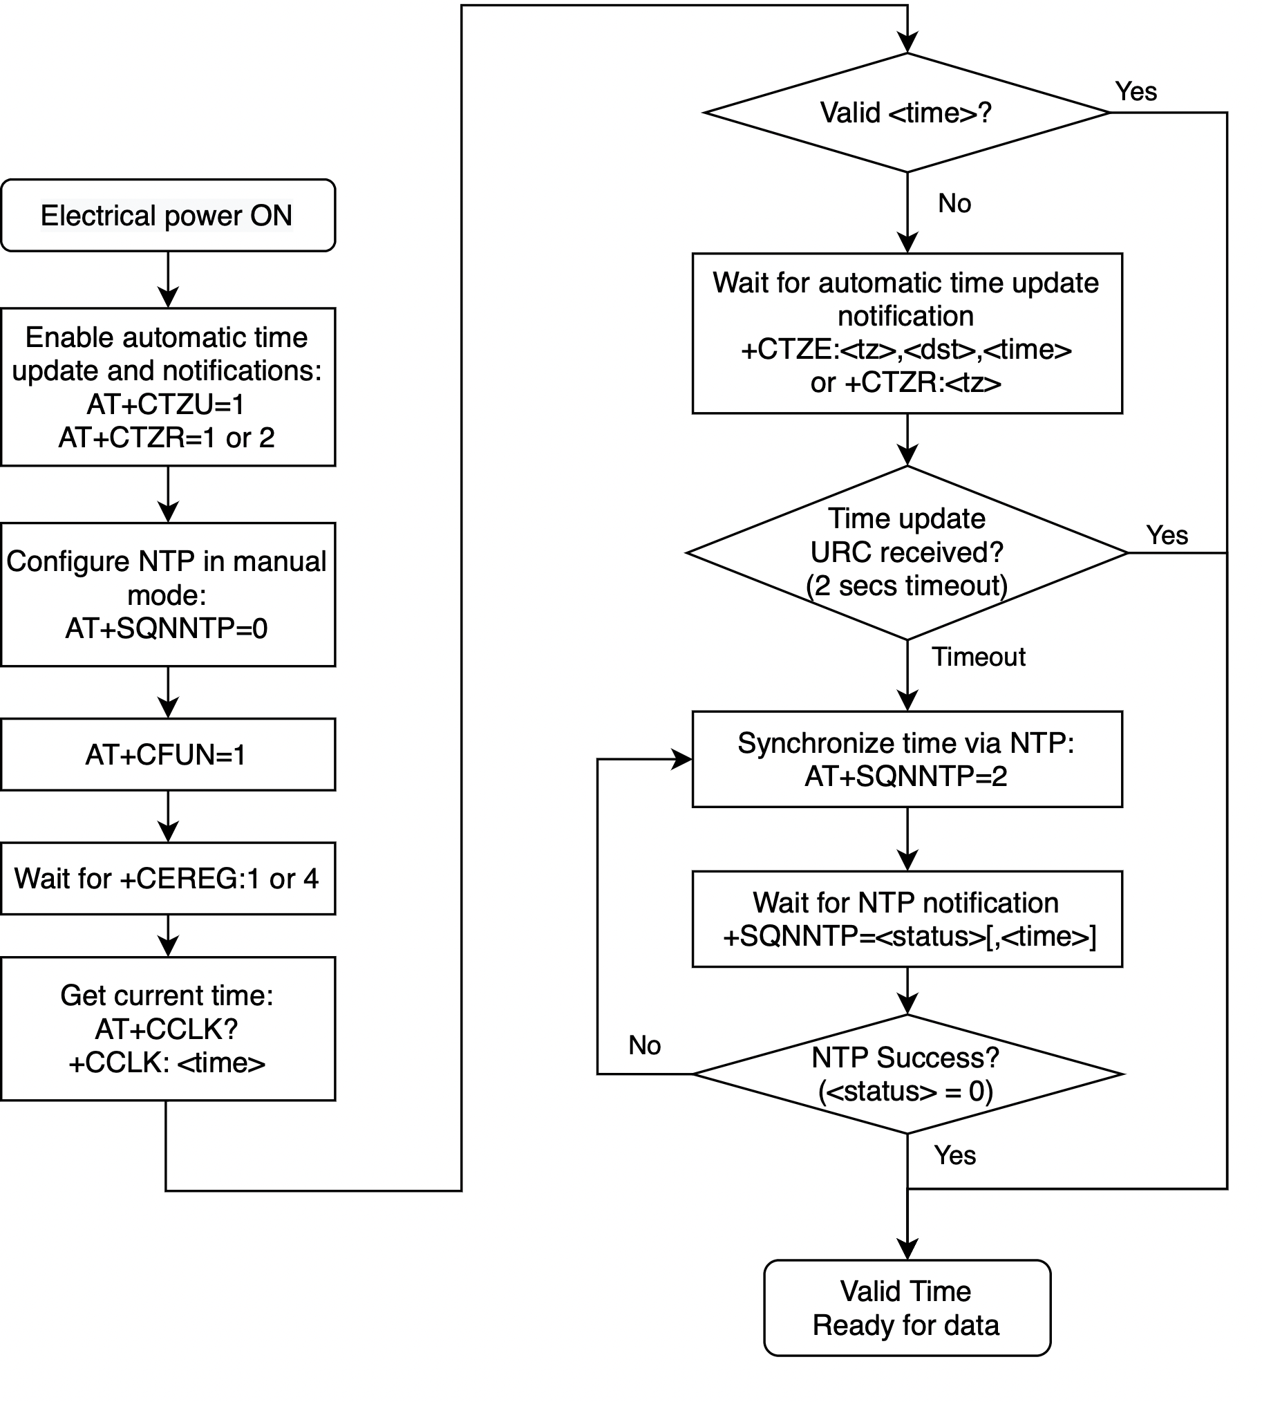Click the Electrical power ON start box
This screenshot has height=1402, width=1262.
(168, 215)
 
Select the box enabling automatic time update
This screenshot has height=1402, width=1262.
(168, 387)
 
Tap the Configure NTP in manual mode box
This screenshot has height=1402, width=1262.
(168, 595)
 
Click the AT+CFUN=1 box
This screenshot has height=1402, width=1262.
(168, 754)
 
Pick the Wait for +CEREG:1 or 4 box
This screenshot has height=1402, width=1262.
(168, 878)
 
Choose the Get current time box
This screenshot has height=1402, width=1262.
(168, 1029)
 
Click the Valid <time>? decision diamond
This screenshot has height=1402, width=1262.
(907, 113)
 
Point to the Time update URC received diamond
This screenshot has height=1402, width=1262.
(907, 552)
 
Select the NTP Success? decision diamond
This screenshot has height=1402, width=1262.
(907, 1074)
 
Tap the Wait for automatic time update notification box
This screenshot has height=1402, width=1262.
(907, 333)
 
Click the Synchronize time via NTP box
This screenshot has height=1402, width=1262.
(907, 759)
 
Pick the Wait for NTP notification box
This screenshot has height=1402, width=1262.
(907, 919)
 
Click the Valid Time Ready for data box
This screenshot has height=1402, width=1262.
(907, 1308)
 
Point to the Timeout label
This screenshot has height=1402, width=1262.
(979, 657)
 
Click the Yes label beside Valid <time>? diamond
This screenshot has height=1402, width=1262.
(1136, 91)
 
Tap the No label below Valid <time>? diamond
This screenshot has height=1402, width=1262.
(955, 203)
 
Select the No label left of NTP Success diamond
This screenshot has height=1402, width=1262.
(645, 1045)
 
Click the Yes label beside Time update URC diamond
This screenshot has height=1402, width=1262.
(1167, 535)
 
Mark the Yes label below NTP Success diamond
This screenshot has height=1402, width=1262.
(955, 1155)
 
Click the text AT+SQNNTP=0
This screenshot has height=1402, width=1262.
(167, 628)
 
